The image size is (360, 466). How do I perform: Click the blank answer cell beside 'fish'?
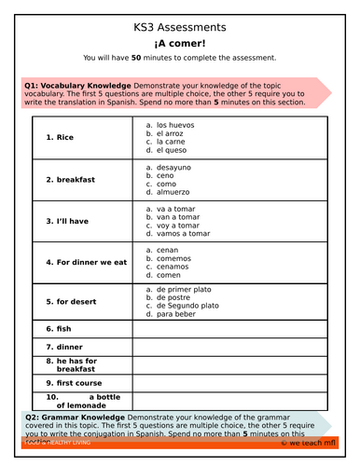click(x=229, y=329)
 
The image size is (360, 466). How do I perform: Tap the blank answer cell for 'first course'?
click(x=229, y=381)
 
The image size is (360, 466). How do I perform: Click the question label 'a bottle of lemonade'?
click(x=80, y=401)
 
